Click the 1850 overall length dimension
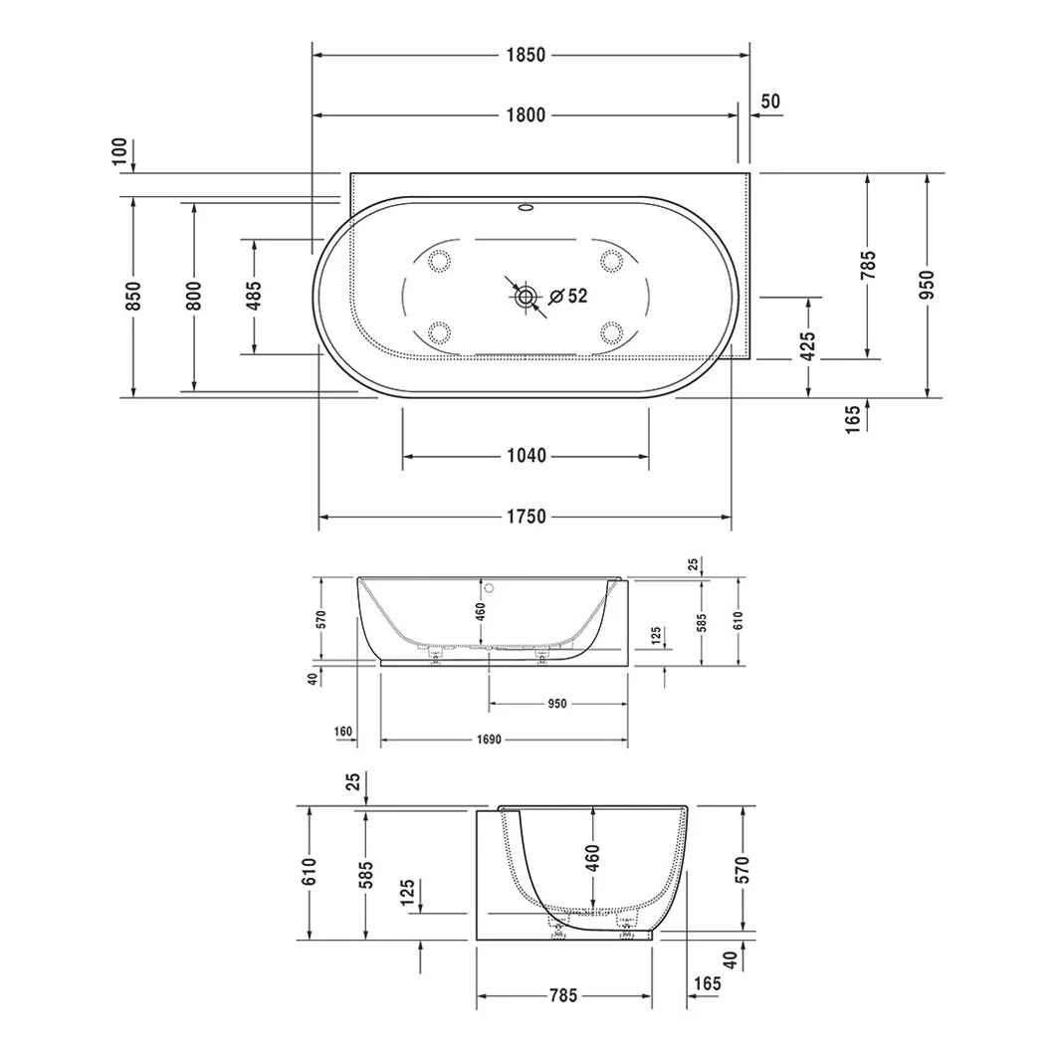[x=526, y=55]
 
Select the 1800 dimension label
[x=526, y=115]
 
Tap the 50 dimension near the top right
[x=770, y=102]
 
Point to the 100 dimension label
[x=119, y=151]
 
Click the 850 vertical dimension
[x=133, y=297]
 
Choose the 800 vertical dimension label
[x=194, y=297]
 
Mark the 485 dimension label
[x=254, y=297]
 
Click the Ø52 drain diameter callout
[x=568, y=296]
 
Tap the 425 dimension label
[x=807, y=346]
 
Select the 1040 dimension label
[x=527, y=456]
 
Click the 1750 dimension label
[x=527, y=517]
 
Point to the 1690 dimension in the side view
[x=489, y=741]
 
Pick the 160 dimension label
[x=342, y=733]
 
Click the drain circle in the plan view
[x=526, y=296]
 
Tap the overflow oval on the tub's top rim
[x=526, y=208]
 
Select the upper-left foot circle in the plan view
[x=439, y=260]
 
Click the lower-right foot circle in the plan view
[x=612, y=332]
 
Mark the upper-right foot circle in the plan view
[x=612, y=260]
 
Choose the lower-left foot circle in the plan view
[x=439, y=332]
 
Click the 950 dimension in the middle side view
[x=557, y=704]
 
